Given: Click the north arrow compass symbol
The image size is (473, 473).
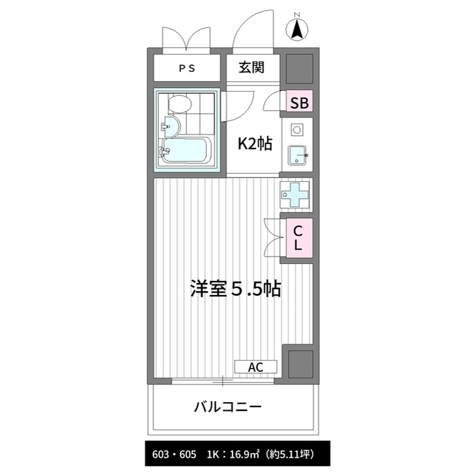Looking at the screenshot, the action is [297, 29].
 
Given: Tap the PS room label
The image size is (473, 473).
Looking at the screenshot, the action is [187, 69].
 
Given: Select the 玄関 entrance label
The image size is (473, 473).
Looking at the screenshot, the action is [251, 67].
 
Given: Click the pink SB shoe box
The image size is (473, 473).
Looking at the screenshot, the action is [299, 101].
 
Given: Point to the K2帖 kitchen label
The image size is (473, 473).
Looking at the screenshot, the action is [255, 143].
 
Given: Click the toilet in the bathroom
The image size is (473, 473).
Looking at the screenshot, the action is [180, 103].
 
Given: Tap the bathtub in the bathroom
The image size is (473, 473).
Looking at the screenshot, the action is [185, 151].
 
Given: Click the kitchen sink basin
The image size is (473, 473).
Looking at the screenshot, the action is [297, 155].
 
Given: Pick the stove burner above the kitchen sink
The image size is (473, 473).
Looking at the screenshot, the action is [297, 130].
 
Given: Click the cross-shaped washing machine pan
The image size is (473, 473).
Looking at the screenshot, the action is [294, 194].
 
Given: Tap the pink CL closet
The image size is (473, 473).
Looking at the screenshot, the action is [299, 238].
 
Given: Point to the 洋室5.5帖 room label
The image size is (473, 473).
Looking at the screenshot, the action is [236, 289].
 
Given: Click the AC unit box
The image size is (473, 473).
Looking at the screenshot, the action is [256, 367].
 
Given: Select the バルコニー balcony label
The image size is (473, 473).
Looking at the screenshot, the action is [228, 407].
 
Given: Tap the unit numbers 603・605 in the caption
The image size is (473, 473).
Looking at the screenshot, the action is [174, 454].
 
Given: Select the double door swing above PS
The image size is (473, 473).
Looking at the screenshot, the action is [186, 38].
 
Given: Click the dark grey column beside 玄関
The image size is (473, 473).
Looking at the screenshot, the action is [299, 69].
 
